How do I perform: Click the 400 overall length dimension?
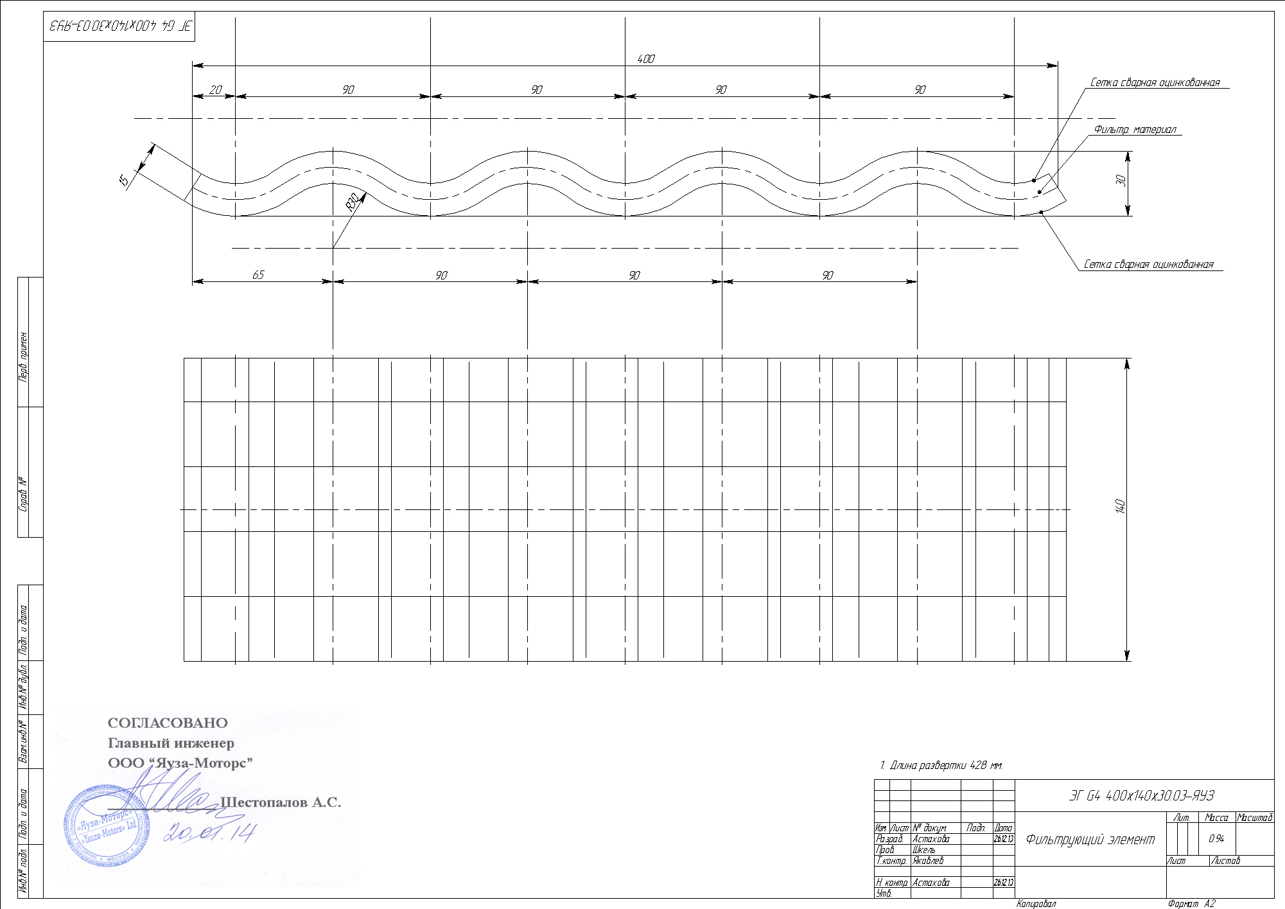[645, 59]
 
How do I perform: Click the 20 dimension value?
[216, 90]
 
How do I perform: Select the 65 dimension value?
[258, 275]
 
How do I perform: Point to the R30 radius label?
[353, 204]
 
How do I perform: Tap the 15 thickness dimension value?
[126, 181]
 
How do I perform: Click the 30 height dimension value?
[1121, 181]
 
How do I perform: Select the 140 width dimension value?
[1121, 506]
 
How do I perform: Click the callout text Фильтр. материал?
[1135, 130]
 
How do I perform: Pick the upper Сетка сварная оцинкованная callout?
[1155, 83]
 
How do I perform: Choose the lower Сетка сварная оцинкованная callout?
[1148, 265]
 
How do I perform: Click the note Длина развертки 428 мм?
[941, 765]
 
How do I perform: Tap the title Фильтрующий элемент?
[1090, 840]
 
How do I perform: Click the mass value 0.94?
[1216, 839]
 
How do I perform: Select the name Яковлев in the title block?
[928, 861]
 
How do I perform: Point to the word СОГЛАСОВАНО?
[168, 723]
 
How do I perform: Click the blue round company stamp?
[106, 825]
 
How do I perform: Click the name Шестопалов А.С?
[281, 802]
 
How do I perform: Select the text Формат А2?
[1191, 904]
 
